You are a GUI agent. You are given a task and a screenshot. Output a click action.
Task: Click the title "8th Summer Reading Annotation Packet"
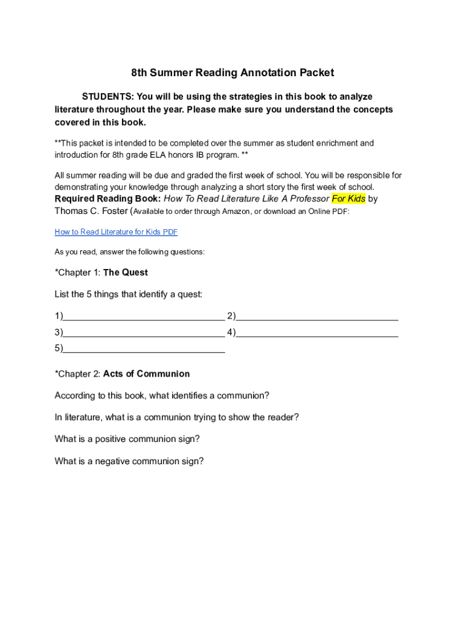(x=232, y=73)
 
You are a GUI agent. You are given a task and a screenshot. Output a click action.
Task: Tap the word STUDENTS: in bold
(x=107, y=97)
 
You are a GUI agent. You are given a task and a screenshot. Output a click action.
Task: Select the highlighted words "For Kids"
(x=348, y=199)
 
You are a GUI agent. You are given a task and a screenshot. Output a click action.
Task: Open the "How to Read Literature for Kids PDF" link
(x=116, y=232)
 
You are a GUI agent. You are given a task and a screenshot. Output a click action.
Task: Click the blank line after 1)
(x=144, y=316)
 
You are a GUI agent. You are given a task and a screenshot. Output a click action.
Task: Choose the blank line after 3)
(x=144, y=332)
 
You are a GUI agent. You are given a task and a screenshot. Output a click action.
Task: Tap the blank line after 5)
(x=144, y=349)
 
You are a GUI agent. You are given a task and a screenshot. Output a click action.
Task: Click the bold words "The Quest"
(x=126, y=273)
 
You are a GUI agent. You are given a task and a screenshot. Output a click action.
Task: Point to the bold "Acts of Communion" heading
(x=146, y=374)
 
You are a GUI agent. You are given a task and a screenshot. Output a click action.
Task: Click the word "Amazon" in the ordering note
(x=236, y=212)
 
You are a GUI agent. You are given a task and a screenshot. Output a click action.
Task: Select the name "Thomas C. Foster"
(x=91, y=211)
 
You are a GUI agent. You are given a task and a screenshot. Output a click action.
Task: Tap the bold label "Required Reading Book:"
(x=107, y=199)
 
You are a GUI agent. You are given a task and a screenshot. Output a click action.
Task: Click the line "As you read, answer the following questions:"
(x=129, y=252)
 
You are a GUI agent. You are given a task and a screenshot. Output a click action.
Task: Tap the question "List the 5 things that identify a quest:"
(x=128, y=294)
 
